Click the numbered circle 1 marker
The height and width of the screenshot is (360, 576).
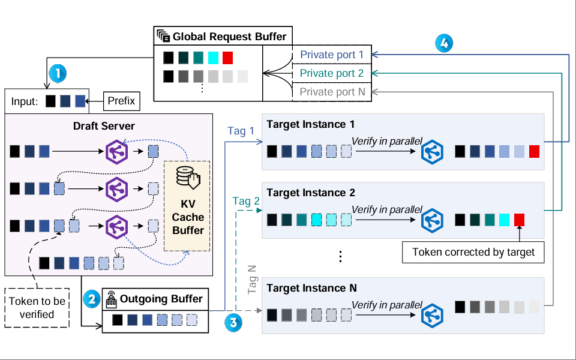(x=58, y=74)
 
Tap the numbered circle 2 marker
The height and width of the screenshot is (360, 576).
(x=91, y=299)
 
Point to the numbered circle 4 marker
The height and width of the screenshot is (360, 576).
(x=444, y=43)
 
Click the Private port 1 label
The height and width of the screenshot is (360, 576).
(x=332, y=55)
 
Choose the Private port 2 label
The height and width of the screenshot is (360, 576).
(x=332, y=73)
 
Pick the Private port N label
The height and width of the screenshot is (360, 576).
(x=332, y=92)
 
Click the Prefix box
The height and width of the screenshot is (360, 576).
(x=121, y=101)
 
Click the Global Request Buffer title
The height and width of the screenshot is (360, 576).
(x=229, y=37)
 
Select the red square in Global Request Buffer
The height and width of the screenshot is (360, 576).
(x=227, y=58)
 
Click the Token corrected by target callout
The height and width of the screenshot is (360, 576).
(x=473, y=252)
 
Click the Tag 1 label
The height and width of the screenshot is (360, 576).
(x=241, y=131)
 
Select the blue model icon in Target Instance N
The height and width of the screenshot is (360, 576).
(x=431, y=314)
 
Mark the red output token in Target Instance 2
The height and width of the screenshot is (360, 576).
(x=519, y=220)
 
